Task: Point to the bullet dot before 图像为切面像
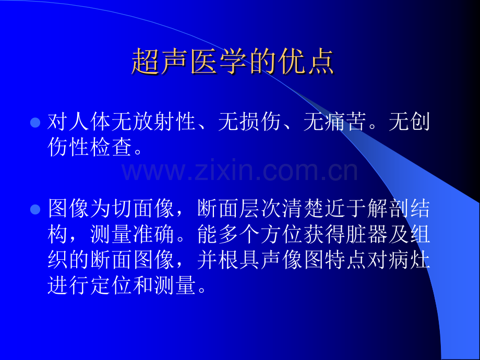(35, 210)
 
